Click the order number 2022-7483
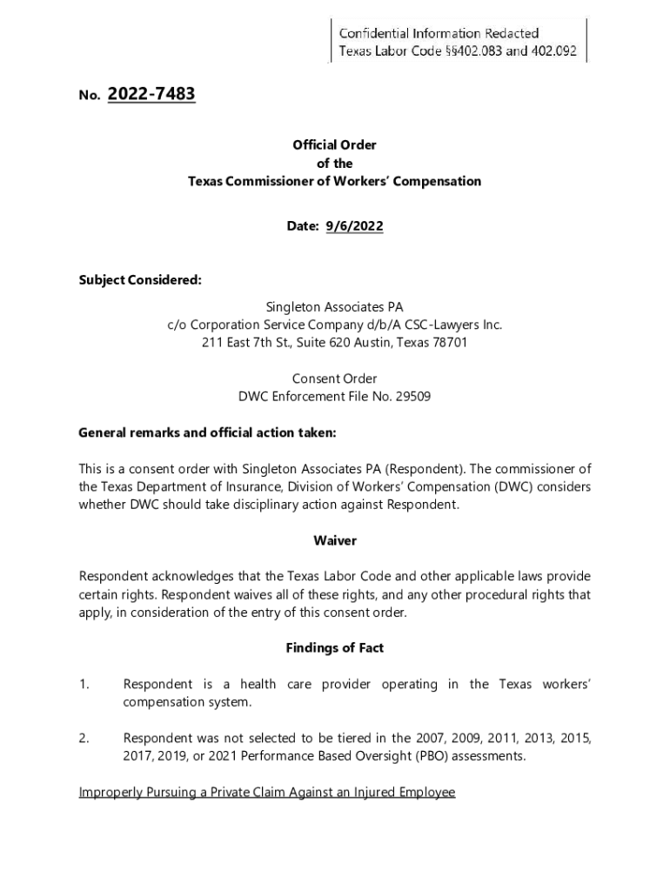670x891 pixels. click(151, 95)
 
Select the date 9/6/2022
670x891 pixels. click(354, 226)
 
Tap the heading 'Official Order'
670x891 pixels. click(334, 145)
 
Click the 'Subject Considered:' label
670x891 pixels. click(140, 281)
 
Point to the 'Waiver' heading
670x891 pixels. click(334, 540)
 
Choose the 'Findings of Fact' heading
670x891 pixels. click(334, 648)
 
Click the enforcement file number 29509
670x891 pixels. click(413, 397)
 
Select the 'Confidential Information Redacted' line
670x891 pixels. click(439, 33)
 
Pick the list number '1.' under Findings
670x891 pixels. click(84, 685)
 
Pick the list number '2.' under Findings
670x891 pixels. click(84, 739)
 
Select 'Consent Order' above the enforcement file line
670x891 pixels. click(334, 379)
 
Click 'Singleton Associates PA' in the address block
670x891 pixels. click(334, 307)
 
